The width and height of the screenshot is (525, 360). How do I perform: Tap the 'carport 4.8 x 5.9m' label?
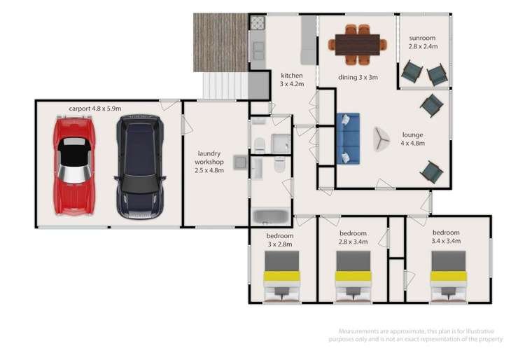point(95,109)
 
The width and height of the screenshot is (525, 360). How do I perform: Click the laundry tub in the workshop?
point(240,162)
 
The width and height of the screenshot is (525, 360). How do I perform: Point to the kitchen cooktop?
point(257,23)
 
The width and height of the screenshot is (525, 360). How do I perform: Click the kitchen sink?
point(257,50)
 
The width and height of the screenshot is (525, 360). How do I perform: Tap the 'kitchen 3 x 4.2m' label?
point(291,79)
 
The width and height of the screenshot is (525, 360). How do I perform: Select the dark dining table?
point(357,45)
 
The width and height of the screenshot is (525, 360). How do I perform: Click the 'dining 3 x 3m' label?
point(358,78)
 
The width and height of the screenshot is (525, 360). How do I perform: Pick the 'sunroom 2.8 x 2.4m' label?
point(423,41)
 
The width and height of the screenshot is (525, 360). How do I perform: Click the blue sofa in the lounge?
point(348,138)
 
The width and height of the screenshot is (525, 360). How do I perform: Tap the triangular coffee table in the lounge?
point(381,139)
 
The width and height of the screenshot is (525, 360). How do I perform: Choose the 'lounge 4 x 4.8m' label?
point(413,139)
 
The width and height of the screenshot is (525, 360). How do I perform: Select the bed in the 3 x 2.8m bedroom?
point(282,277)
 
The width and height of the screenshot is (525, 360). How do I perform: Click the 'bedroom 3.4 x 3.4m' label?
point(446,237)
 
